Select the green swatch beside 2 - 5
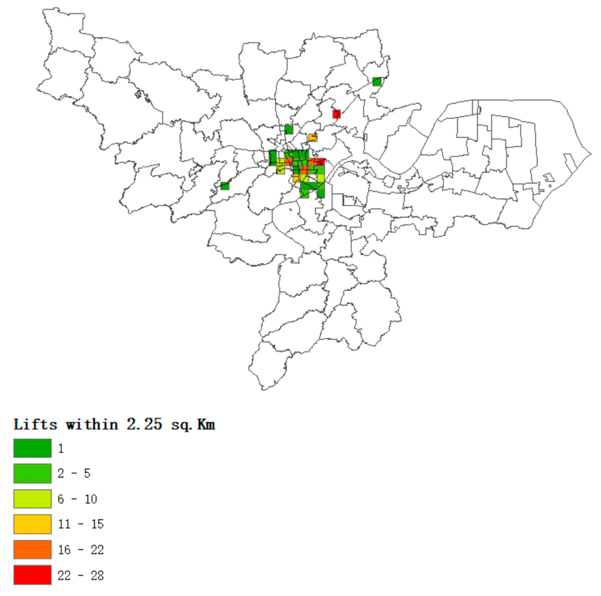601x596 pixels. pyautogui.click(x=32, y=473)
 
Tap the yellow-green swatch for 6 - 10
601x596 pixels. pyautogui.click(x=32, y=499)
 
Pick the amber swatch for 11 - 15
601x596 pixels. pyautogui.click(x=32, y=524)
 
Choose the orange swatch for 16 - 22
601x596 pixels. pyautogui.click(x=32, y=549)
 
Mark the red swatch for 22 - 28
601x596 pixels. pyautogui.click(x=32, y=575)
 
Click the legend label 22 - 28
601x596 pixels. pyautogui.click(x=80, y=575)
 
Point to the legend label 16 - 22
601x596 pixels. pyautogui.click(x=80, y=550)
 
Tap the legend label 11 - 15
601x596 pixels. pyautogui.click(x=80, y=524)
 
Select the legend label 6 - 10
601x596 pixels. pyautogui.click(x=77, y=499)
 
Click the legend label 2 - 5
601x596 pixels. pyautogui.click(x=74, y=473)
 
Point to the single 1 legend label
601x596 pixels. pyautogui.click(x=61, y=448)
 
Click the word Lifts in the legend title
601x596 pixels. pyautogui.click(x=35, y=424)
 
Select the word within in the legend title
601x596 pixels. pyautogui.click(x=92, y=424)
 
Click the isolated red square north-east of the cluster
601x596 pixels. pyautogui.click(x=336, y=114)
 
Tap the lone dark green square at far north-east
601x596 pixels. pyautogui.click(x=377, y=81)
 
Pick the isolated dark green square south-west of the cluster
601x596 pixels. pyautogui.click(x=225, y=186)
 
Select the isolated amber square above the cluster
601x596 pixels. pyautogui.click(x=313, y=138)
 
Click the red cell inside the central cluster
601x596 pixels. pyautogui.click(x=320, y=162)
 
